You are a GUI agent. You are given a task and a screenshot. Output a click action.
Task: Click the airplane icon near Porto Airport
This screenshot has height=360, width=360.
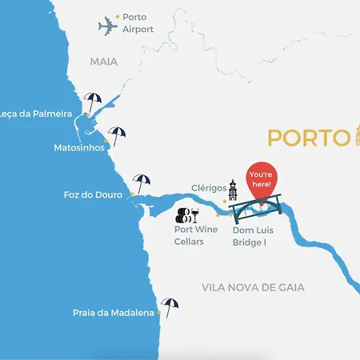108,26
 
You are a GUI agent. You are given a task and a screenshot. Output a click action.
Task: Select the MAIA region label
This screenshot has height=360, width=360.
104,61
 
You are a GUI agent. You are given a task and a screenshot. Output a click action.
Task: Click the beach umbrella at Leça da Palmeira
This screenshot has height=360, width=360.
93,102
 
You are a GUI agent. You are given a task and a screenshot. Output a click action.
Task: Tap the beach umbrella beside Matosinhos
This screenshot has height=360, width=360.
118,136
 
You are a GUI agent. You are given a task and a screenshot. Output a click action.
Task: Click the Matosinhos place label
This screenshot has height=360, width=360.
78,148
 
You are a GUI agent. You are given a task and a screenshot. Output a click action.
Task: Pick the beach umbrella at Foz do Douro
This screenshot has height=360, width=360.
142,184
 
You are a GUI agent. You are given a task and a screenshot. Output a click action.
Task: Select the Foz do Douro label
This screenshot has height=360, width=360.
93,194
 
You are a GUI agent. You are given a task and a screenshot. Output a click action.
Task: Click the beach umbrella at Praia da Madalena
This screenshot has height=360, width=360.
169,306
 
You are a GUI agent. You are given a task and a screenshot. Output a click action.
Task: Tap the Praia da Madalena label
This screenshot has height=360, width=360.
113,314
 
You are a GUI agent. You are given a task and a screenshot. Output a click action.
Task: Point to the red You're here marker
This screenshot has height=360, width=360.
262,181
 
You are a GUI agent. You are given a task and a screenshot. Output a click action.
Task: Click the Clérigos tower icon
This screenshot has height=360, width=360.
233,190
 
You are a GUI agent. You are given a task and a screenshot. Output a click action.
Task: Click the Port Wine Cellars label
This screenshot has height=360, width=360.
196,234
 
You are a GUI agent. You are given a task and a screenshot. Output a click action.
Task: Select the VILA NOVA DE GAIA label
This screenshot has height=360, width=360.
254,287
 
